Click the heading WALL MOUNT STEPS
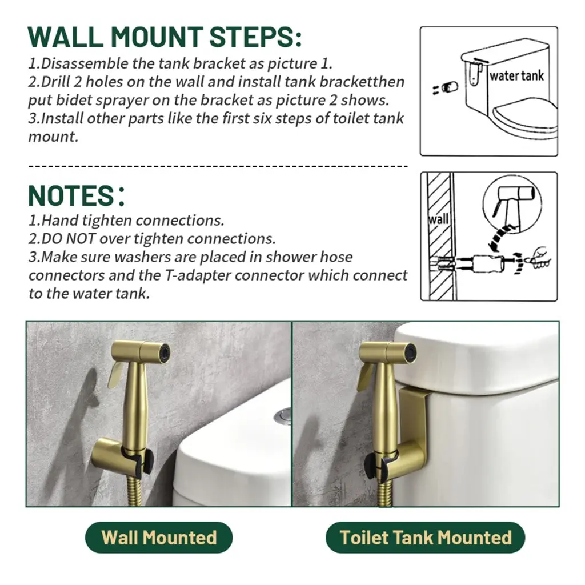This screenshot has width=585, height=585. tap(165, 37)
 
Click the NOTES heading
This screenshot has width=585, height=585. tap(76, 195)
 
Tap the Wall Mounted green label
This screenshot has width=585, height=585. tap(159, 537)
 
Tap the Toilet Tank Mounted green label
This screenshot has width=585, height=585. tap(425, 537)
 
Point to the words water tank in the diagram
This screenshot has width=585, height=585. tap(516, 76)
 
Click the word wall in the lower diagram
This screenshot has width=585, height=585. tap(438, 219)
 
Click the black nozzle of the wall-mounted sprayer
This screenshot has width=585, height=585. tap(165, 352)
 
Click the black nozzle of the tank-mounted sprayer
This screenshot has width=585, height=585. tap(411, 351)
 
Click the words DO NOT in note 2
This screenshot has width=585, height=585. tap(69, 238)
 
